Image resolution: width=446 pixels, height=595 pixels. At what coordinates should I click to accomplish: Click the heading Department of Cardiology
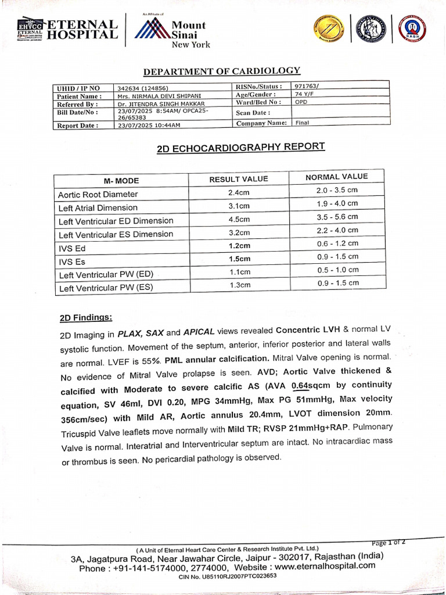tap(221, 71)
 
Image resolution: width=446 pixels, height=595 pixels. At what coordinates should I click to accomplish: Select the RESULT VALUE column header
tap(239, 179)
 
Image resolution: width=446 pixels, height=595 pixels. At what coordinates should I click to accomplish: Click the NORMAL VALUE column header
tap(336, 177)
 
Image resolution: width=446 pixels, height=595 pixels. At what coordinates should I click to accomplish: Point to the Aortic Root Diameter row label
tap(98, 195)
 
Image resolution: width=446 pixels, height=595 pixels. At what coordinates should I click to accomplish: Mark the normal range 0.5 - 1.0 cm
tap(338, 270)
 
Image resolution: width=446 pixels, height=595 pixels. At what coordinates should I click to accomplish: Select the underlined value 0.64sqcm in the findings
tap(308, 385)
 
